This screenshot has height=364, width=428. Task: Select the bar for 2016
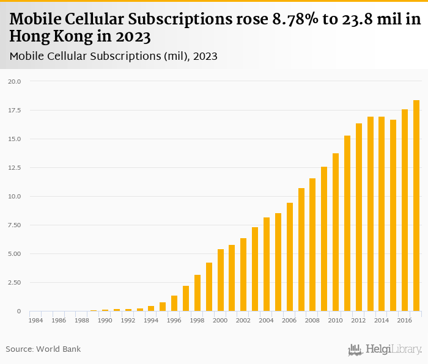(405, 211)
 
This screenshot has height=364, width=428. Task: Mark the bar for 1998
(197, 293)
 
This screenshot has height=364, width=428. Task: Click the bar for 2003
(255, 269)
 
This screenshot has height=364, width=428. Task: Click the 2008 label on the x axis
(312, 320)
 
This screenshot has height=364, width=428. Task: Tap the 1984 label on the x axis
(36, 320)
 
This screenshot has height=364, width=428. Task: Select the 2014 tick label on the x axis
(382, 320)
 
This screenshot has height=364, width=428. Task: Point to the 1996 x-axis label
(174, 320)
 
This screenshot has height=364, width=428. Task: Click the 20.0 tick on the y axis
(15, 81)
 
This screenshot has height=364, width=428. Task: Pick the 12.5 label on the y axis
(15, 167)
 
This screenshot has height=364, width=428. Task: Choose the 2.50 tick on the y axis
(15, 283)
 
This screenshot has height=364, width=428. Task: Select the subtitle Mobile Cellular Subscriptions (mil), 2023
(114, 56)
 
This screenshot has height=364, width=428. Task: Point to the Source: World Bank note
(43, 349)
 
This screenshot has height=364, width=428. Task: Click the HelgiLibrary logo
(385, 350)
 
